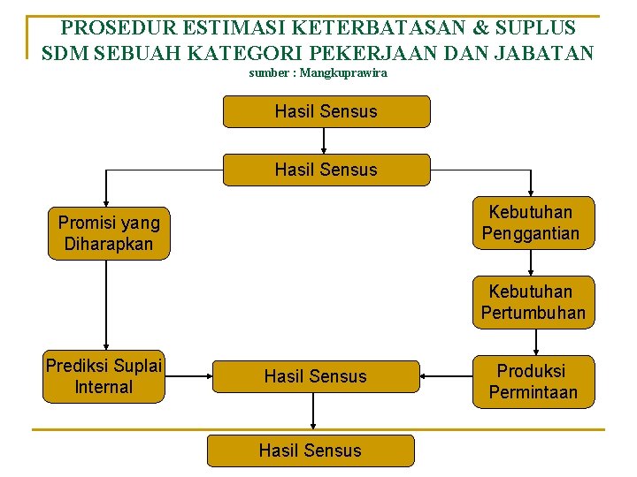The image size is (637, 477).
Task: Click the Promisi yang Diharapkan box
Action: [x=109, y=233]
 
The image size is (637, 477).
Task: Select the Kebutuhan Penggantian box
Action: [x=531, y=223]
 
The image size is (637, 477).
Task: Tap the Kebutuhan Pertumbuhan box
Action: [x=533, y=302]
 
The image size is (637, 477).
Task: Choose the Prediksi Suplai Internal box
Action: [x=104, y=377]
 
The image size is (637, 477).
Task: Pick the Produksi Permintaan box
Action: [x=533, y=382]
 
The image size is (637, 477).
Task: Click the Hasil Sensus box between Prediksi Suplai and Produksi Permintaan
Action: [x=315, y=376]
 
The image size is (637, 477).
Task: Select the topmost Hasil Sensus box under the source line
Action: [x=326, y=111]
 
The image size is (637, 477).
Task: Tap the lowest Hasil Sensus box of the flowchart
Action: [x=310, y=450]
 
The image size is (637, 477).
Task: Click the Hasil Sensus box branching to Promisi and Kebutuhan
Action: [x=326, y=170]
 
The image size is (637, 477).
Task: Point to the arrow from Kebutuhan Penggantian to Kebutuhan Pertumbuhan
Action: [x=531, y=262]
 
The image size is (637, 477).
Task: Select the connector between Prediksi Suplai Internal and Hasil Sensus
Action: [x=188, y=377]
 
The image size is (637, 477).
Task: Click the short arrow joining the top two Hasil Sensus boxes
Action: [x=326, y=140]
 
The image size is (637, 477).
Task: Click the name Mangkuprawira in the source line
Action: [x=343, y=73]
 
